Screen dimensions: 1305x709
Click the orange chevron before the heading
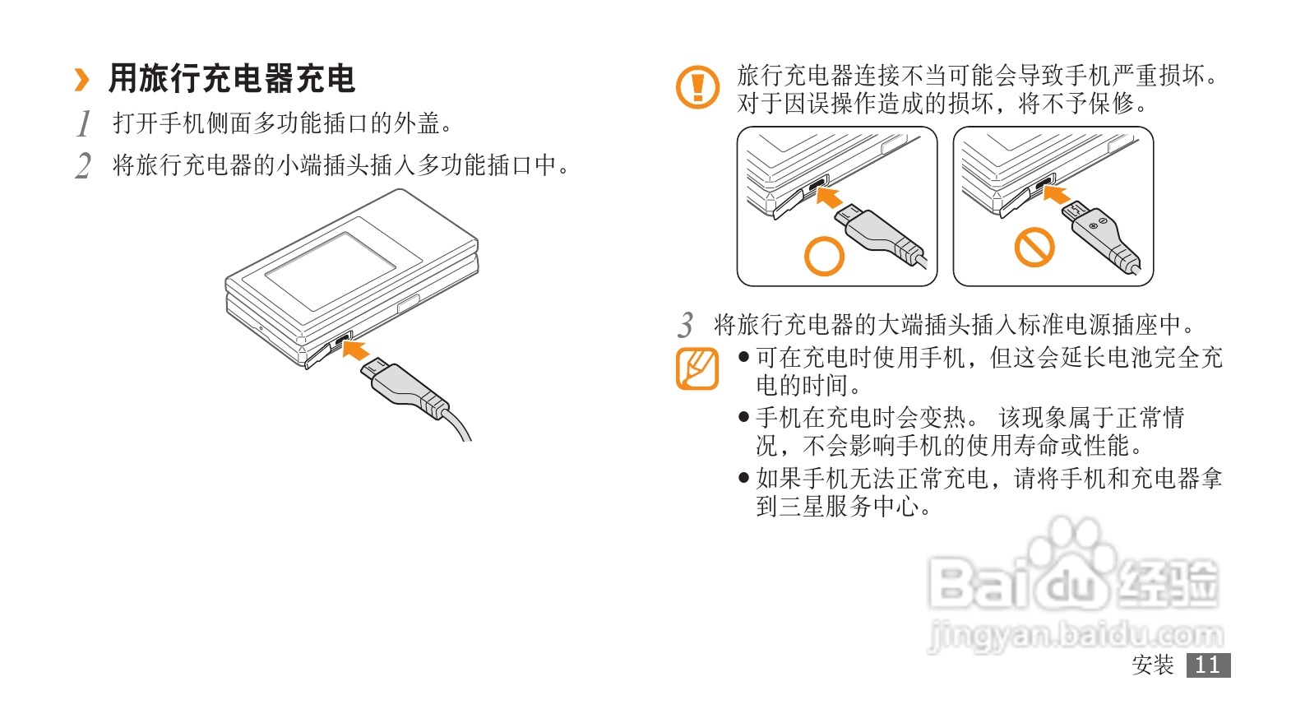click(82, 80)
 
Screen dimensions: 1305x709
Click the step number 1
click(85, 123)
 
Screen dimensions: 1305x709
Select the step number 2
click(84, 165)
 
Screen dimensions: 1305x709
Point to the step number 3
click(686, 325)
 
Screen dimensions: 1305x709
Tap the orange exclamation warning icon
click(697, 87)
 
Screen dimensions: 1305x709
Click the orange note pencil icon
click(697, 368)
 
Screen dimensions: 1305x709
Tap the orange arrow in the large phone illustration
click(356, 350)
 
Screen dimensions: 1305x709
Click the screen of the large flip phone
click(331, 271)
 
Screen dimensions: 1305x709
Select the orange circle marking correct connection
click(824, 256)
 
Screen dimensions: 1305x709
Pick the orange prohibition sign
click(1034, 247)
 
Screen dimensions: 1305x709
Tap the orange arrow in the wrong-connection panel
click(1057, 194)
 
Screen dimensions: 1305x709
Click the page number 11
click(1208, 665)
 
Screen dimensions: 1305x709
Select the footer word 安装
click(1153, 665)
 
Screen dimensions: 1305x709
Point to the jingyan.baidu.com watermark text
click(1076, 634)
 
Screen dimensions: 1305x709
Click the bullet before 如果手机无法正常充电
click(743, 479)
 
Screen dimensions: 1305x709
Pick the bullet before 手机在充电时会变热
click(743, 417)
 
